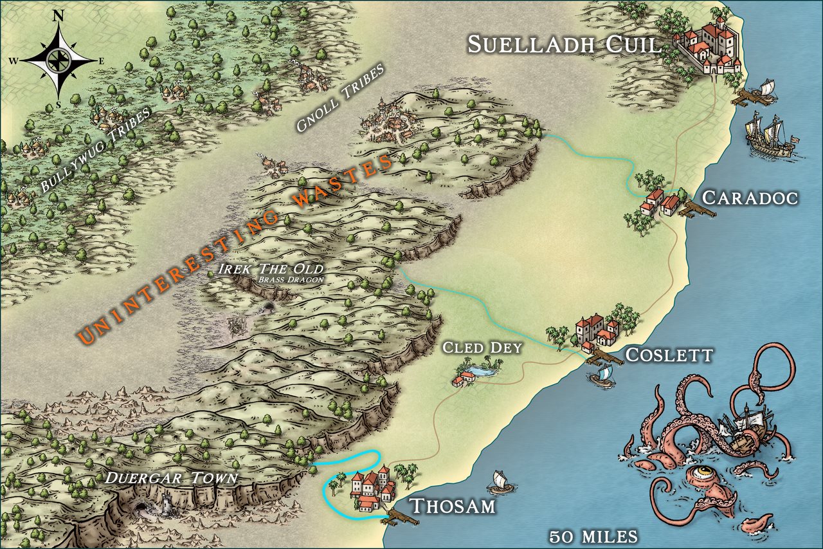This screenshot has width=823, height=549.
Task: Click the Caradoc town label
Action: pyautogui.click(x=750, y=197)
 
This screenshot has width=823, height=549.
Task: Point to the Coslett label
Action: pyautogui.click(x=669, y=355)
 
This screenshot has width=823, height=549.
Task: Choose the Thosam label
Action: pyautogui.click(x=453, y=506)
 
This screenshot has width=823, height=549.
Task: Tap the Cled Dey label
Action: pyautogui.click(x=482, y=348)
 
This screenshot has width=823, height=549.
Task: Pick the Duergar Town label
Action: pyautogui.click(x=171, y=478)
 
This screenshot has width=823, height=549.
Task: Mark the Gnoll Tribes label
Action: pyautogui.click(x=340, y=98)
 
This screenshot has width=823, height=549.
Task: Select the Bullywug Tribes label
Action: pyautogui.click(x=95, y=151)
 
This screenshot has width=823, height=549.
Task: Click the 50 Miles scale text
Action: pyautogui.click(x=593, y=535)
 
